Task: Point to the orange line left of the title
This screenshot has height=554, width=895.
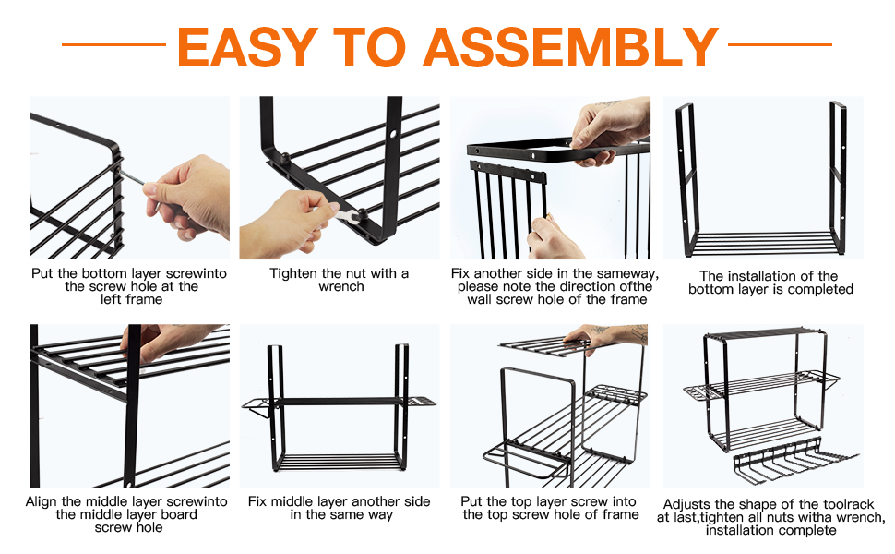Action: [113, 43]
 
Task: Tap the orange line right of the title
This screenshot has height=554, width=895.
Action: [780, 43]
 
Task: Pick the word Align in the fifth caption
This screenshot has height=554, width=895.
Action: [43, 501]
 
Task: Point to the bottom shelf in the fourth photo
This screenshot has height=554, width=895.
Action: [762, 243]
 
